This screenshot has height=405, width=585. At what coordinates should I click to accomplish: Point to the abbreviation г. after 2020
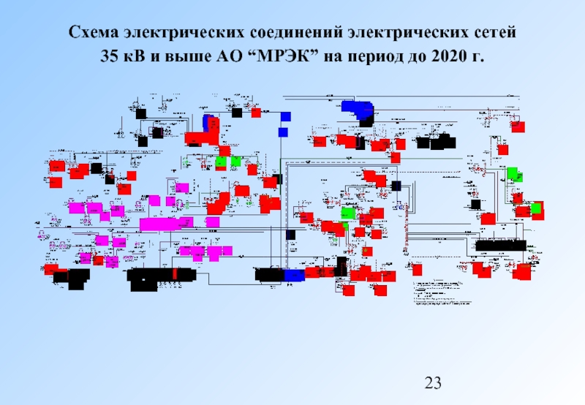tap(478, 56)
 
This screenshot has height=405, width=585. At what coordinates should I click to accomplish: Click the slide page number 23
tap(434, 382)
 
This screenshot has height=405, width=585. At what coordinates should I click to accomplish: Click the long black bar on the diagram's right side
tap(500, 245)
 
